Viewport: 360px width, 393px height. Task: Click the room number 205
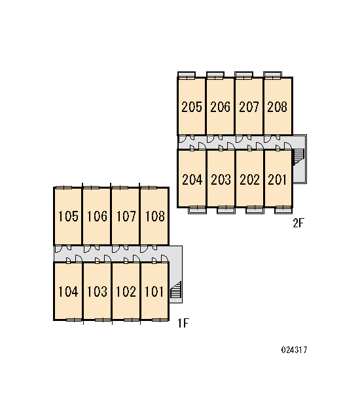(192, 107)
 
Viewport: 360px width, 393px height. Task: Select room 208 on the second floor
(277, 107)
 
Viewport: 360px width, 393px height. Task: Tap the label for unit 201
(277, 179)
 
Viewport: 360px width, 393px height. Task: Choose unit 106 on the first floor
(97, 216)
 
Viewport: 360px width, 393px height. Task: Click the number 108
(155, 216)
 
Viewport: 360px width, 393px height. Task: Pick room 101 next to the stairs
(154, 291)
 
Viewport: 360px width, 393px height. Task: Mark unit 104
(68, 291)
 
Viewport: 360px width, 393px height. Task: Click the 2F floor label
(298, 223)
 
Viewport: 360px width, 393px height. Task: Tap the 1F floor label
(183, 323)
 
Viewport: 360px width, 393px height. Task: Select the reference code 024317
(294, 350)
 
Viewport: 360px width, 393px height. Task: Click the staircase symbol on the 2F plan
(298, 157)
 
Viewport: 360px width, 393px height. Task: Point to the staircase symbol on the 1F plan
(176, 290)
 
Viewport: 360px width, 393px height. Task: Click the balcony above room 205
(187, 75)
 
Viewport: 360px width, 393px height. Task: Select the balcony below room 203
(226, 210)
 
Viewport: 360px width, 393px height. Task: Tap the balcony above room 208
(272, 75)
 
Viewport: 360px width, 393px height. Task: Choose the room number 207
(249, 107)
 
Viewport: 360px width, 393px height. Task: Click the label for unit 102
(126, 291)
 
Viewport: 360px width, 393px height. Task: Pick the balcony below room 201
(283, 210)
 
